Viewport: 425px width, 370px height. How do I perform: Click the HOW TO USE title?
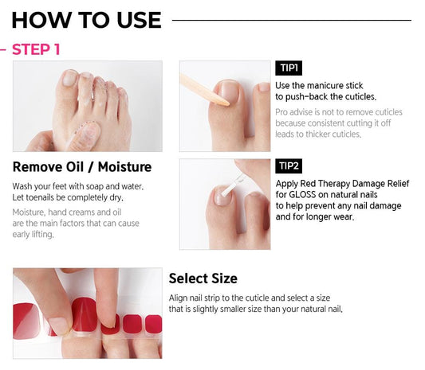(x=86, y=20)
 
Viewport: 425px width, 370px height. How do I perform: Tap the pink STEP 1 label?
(x=36, y=49)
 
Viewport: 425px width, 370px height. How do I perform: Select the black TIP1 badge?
(x=289, y=68)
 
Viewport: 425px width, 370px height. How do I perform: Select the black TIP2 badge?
(x=289, y=166)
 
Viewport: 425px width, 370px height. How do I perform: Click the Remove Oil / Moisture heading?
(x=82, y=167)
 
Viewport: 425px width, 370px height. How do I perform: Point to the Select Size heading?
(x=203, y=278)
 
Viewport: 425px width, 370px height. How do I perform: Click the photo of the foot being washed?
(x=87, y=106)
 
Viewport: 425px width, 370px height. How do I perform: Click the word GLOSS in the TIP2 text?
(x=306, y=194)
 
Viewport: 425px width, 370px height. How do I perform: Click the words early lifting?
(x=33, y=235)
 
